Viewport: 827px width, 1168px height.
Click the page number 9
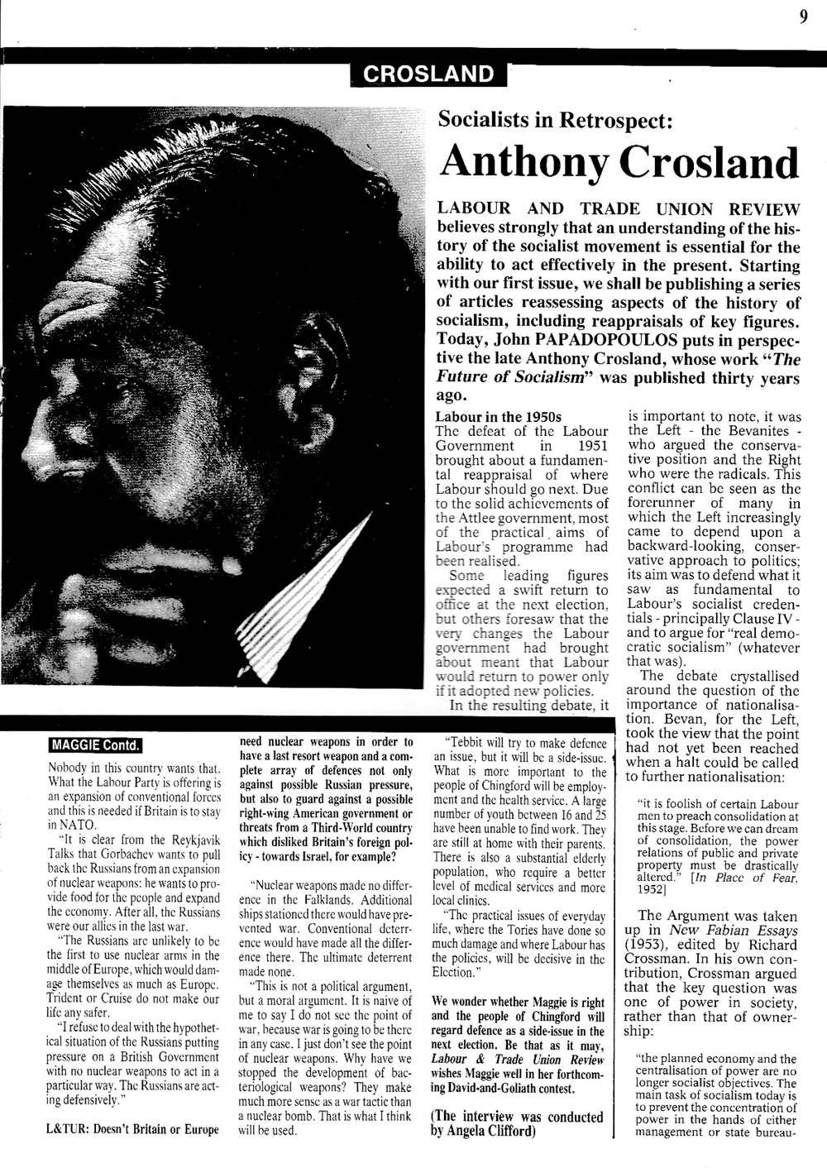click(x=803, y=17)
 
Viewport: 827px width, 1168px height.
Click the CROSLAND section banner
click(x=428, y=74)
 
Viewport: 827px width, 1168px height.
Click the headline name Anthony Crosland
click(x=619, y=162)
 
